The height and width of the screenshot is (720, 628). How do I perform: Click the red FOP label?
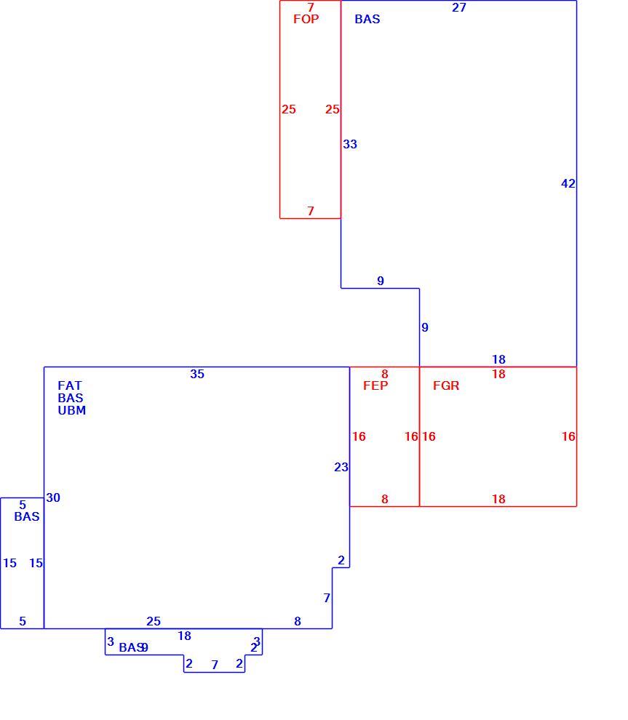point(306,19)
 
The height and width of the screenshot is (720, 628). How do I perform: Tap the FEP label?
point(375,385)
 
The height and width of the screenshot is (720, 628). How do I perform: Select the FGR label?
point(446,385)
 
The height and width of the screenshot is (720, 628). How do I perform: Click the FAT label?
point(70,385)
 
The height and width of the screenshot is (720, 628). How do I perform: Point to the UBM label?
point(71,410)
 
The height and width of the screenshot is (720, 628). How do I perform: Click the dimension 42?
point(568,184)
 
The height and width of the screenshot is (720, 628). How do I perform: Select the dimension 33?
point(350,144)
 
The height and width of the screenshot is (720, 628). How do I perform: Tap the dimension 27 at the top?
point(459,7)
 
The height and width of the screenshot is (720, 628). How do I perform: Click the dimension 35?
point(197,375)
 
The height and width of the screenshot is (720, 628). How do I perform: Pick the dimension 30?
point(53,497)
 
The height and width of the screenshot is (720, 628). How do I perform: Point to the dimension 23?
point(341,467)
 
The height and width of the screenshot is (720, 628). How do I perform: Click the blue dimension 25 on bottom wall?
point(154,621)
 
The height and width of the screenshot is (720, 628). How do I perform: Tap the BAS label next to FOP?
point(367,19)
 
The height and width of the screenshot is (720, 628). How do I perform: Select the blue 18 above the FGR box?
point(499,359)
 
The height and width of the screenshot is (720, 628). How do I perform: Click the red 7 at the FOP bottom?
point(311,211)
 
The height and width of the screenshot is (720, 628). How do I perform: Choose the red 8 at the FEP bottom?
point(384,499)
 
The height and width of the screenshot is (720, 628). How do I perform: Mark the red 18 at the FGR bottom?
point(499,499)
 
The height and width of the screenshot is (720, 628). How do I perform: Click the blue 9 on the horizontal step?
point(381,281)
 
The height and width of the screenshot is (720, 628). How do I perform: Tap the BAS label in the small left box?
point(27,516)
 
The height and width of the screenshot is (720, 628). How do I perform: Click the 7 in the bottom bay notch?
point(215,665)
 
